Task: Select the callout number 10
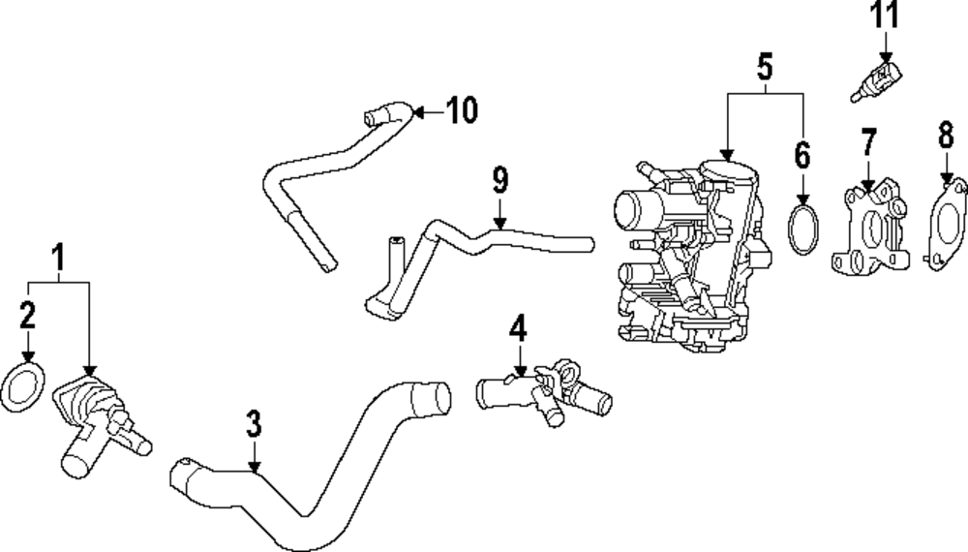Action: coord(462,111)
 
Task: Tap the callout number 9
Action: coord(499,180)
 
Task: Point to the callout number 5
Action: coord(765,67)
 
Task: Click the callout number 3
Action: coord(254,423)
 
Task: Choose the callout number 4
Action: coord(519,328)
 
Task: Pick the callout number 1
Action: coord(58,258)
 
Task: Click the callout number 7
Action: coord(867,141)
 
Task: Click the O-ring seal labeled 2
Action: coord(26,385)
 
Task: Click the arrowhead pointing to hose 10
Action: coord(416,112)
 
